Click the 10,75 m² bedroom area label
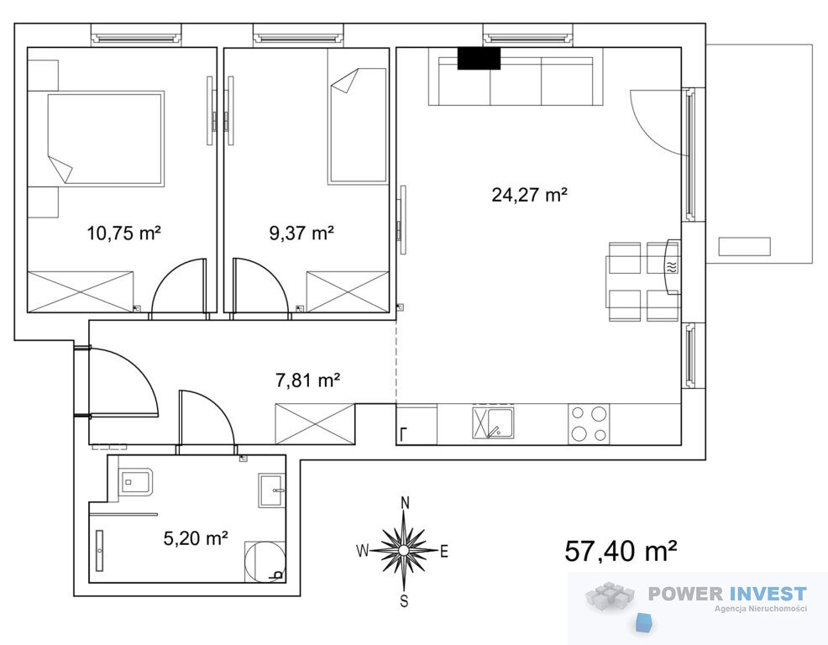click(123, 233)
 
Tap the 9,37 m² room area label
click(301, 233)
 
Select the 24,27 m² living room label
click(529, 194)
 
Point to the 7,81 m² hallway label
click(308, 380)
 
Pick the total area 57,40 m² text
click(621, 551)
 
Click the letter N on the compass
click(405, 502)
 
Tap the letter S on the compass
click(405, 601)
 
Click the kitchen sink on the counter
click(493, 423)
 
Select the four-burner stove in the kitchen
click(589, 423)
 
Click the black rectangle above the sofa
click(479, 59)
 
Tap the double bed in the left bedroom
click(106, 138)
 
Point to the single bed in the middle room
click(358, 126)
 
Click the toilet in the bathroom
click(136, 481)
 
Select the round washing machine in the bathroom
click(265, 562)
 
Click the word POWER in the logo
click(686, 594)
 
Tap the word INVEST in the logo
click(768, 594)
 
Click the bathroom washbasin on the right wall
click(271, 490)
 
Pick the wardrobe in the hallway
click(315, 423)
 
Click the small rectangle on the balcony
click(744, 247)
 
